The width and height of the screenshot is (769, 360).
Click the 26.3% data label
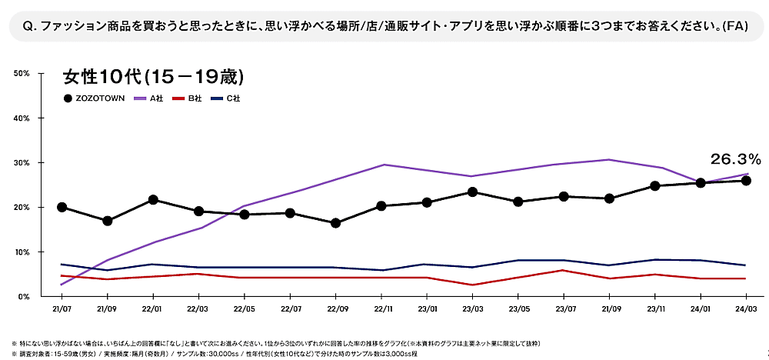736,159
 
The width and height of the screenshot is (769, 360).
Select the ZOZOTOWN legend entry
95,98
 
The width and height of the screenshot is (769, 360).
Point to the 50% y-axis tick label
22,73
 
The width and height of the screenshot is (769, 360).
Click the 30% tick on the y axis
22,163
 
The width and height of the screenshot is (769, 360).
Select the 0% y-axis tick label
23,296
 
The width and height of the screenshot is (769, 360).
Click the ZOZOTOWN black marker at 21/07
62,207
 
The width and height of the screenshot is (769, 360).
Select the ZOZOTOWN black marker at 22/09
335,223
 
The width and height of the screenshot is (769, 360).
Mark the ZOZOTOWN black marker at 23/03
472,192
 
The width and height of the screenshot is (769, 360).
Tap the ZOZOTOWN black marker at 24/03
746,181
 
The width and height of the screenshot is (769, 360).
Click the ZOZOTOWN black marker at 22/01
153,200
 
